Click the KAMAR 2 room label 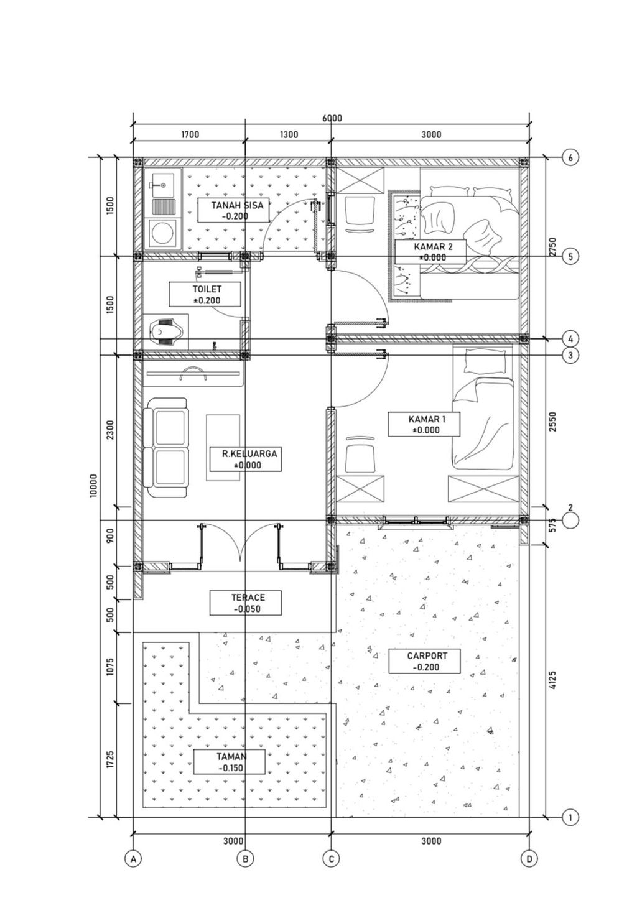coord(430,251)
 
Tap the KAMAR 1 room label coord(425,423)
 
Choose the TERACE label coord(246,603)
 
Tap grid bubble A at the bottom coord(133,859)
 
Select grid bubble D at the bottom coord(528,859)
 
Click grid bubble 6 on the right coord(570,158)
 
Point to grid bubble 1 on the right coord(570,818)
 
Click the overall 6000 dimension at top coord(332,118)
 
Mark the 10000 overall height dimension coord(94,485)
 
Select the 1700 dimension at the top coord(190,135)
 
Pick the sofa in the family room coord(166,448)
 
